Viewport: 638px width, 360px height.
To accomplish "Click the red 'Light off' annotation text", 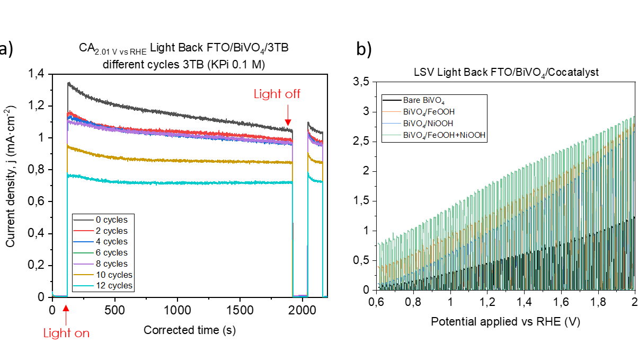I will [277, 94].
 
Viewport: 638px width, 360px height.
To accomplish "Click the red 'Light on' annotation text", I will [66, 333].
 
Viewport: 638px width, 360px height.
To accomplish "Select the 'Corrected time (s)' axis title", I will [190, 330].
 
